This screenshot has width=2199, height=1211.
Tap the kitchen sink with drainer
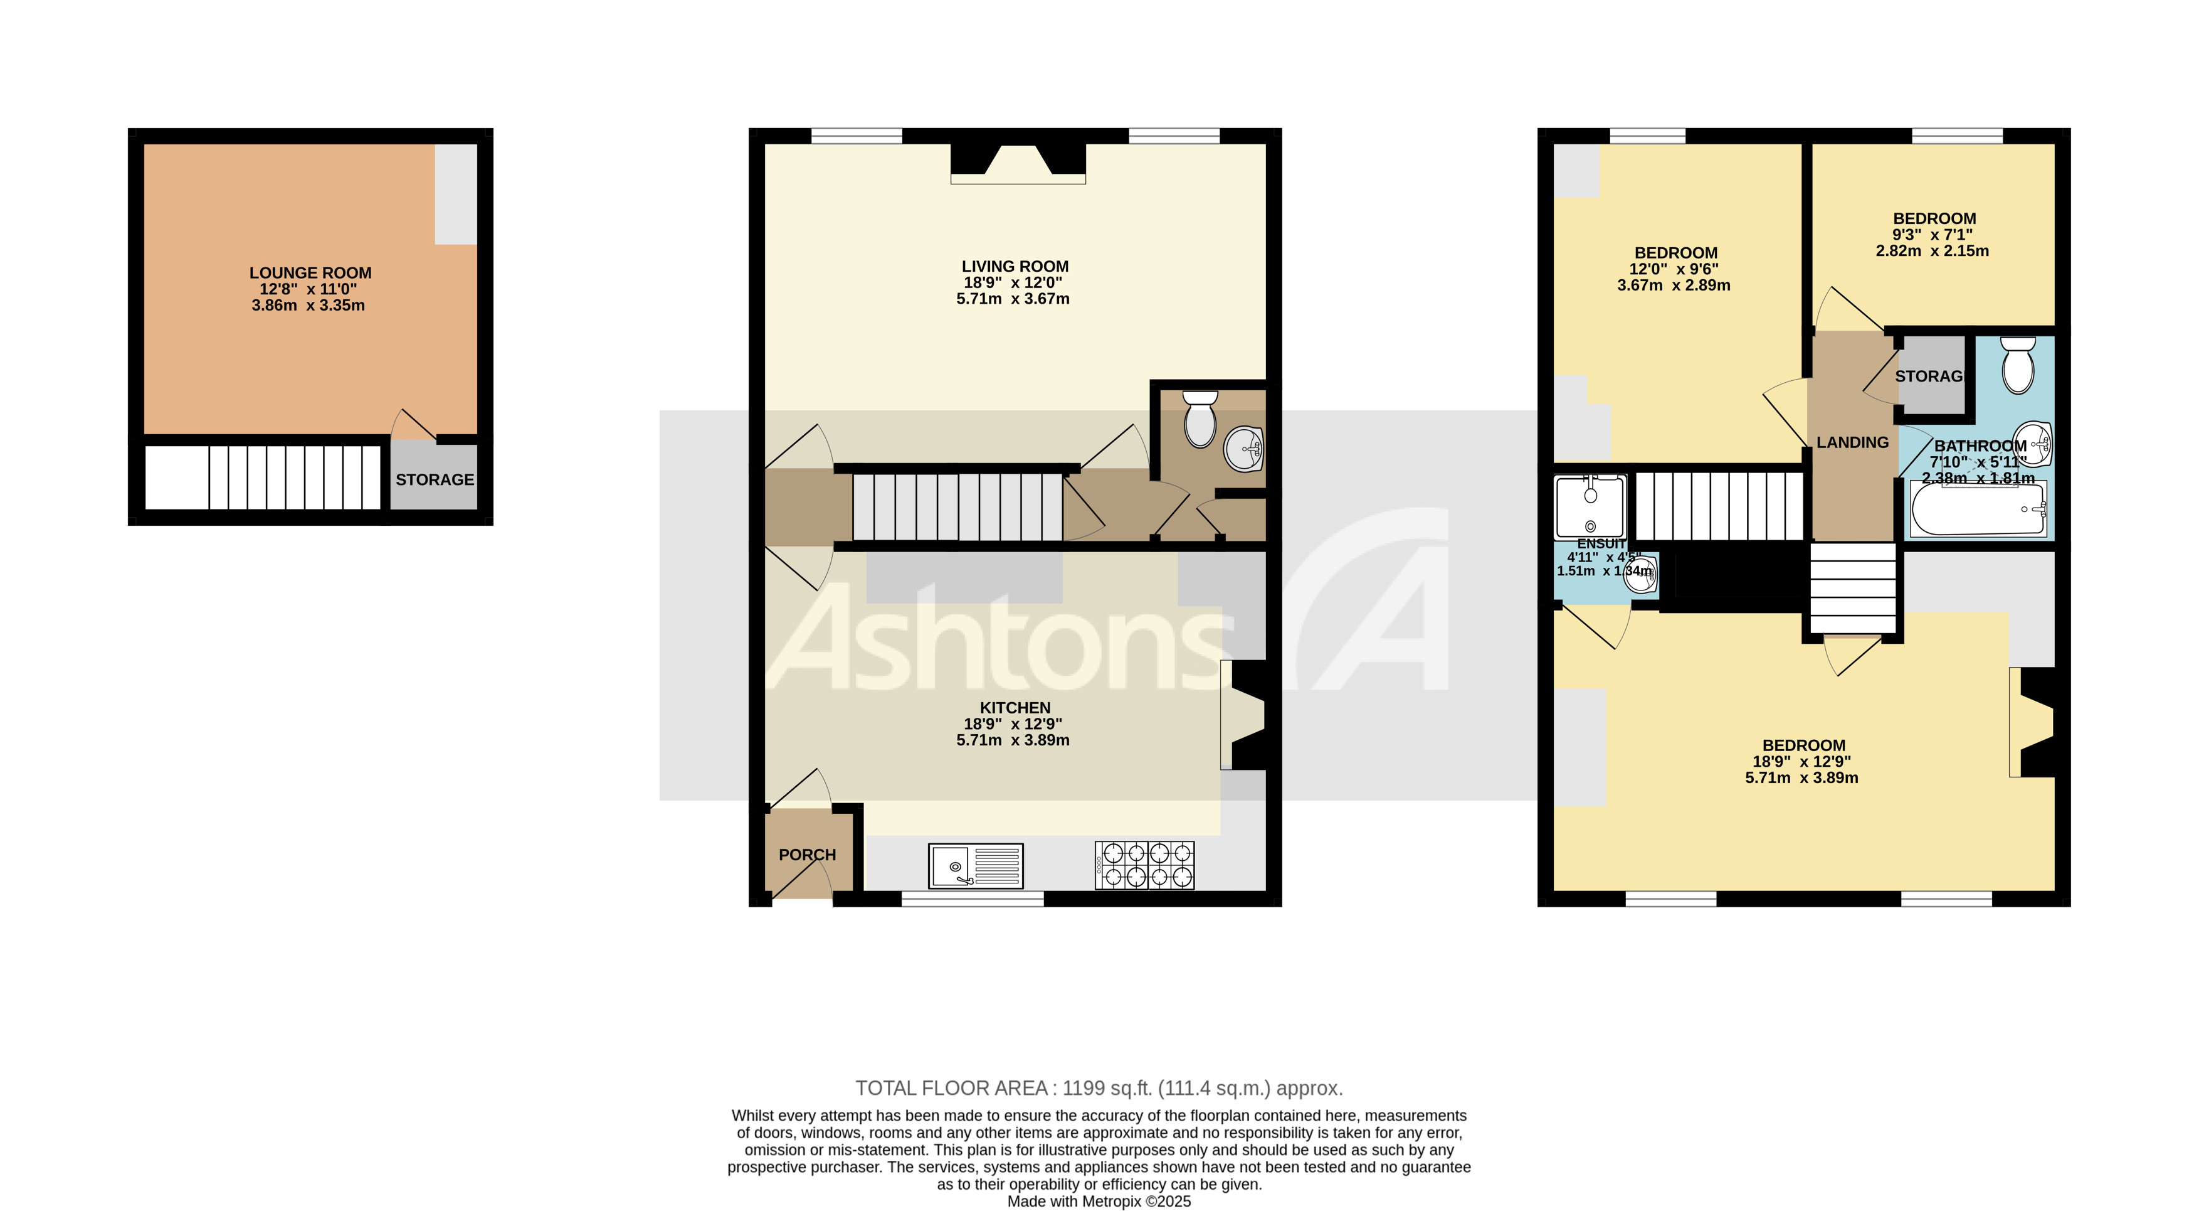pos(975,866)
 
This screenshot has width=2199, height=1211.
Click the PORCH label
pos(807,855)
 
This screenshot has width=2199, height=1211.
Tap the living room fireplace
pos(1018,163)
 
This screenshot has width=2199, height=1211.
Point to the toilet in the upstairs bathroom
pos(2017,366)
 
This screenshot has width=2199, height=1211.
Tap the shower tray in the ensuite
pos(1589,506)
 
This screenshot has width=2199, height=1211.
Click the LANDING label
pos(1852,442)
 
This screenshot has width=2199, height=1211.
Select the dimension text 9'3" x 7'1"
pos(1932,235)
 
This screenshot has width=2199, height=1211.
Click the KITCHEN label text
pos(1014,708)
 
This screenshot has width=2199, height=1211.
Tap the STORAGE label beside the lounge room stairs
pos(435,480)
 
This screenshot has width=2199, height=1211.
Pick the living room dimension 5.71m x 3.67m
pos(1013,299)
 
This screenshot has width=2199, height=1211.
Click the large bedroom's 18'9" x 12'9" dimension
pos(1803,762)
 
